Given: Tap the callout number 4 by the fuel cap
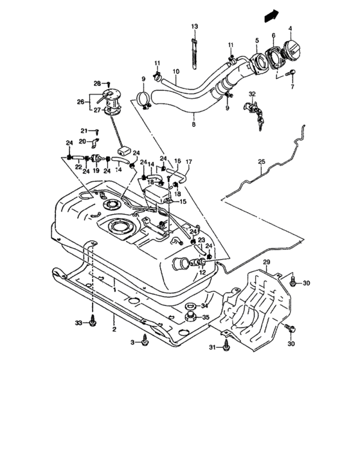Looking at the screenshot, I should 290,28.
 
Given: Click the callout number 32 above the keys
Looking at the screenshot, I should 252,94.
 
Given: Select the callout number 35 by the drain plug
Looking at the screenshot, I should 206,317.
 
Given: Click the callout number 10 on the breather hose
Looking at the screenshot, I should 175,71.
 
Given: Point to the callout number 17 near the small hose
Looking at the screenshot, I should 188,161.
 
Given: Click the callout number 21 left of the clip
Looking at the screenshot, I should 84,130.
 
